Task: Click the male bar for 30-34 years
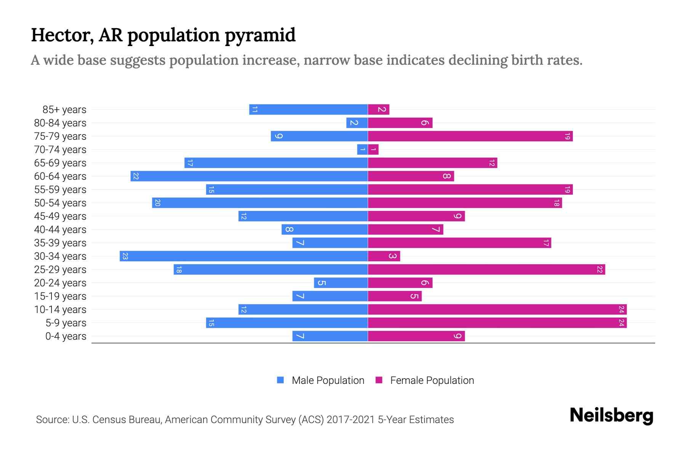[x=244, y=256]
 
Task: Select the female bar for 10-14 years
[x=497, y=309]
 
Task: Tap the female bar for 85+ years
[x=378, y=110]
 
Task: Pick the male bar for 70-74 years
[x=362, y=150]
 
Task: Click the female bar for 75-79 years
[x=470, y=136]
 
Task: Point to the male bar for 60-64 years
[x=249, y=176]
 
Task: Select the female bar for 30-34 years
[x=384, y=256]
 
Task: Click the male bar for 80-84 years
[x=357, y=123]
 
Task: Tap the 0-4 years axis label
[x=66, y=336]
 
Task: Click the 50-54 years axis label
[x=60, y=203]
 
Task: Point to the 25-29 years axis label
[x=60, y=270]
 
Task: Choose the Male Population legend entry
[x=328, y=380]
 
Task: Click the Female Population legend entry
[x=432, y=380]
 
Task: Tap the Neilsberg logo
[x=611, y=415]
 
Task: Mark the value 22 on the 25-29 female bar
[x=599, y=270]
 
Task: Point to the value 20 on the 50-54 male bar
[x=157, y=203]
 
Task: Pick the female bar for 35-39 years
[x=459, y=243]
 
